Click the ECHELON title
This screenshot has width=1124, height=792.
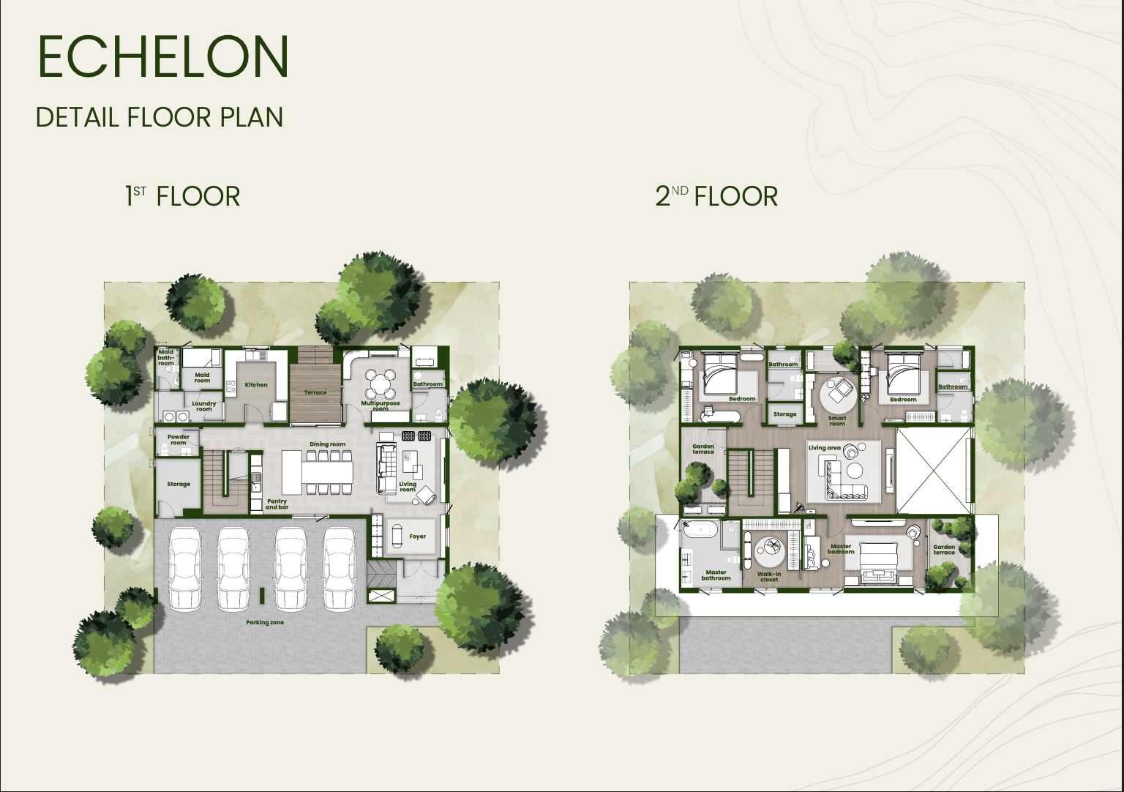coord(163,56)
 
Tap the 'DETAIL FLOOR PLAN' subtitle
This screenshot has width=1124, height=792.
coord(160,117)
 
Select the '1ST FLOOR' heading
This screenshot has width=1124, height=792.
coord(183,195)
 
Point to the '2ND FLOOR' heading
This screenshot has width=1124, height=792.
coord(716,195)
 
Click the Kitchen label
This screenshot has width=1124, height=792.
coord(256,385)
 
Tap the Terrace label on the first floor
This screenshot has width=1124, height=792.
coord(315,392)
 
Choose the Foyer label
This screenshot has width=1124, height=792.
coord(418,537)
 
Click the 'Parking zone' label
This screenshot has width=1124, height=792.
coord(265,622)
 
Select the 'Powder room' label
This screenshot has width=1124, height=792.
coord(178,440)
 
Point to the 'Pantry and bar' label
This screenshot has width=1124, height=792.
coord(277,504)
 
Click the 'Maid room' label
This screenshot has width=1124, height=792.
coord(202,378)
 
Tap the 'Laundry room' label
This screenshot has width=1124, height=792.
coord(203,406)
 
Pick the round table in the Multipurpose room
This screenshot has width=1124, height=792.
coord(380,384)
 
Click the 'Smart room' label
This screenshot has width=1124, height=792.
coord(837,421)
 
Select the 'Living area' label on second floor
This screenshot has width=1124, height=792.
coord(825,448)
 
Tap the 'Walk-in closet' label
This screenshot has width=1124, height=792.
coord(769,577)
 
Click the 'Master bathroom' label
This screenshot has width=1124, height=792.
coord(716,575)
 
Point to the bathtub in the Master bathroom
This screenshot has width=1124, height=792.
coord(699,529)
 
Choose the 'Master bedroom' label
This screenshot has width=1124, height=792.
coord(841,549)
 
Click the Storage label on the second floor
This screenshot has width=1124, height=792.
coord(784,414)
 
